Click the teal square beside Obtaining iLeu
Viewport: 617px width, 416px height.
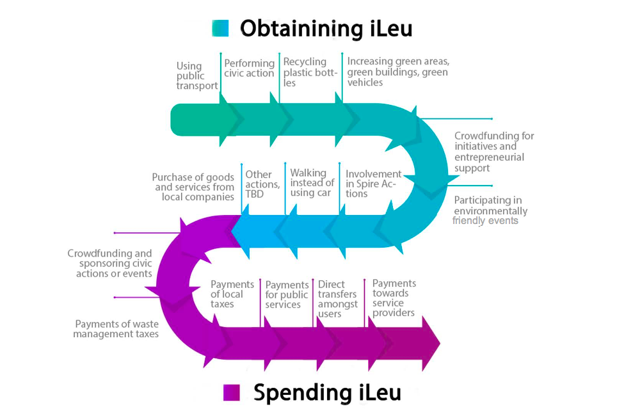coord(220,28)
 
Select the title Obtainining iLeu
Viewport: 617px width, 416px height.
coord(326,28)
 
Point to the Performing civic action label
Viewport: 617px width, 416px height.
coord(249,68)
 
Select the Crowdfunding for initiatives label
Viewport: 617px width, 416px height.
coord(493,152)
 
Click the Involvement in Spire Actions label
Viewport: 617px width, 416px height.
coord(373,184)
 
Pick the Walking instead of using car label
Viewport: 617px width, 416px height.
coord(312,182)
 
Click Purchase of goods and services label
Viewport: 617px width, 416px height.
coord(193,187)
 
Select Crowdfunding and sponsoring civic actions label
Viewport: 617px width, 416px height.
coord(110,263)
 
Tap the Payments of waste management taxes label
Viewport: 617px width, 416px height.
coord(116,328)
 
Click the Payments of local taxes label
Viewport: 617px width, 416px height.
coord(232,294)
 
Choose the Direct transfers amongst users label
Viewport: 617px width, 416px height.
coord(337,299)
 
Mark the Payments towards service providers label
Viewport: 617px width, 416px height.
coord(394,298)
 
